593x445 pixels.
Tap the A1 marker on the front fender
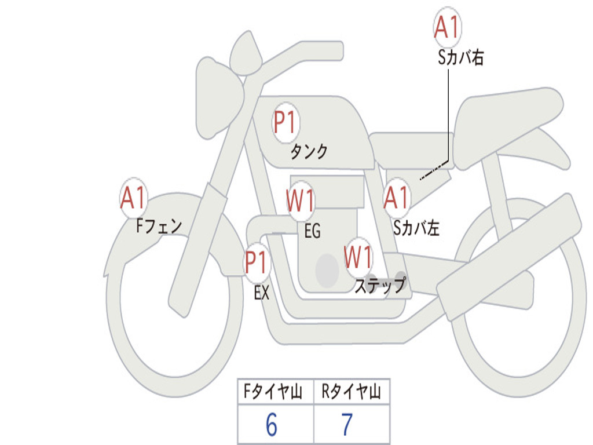click(x=134, y=198)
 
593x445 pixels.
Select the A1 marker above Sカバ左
click(x=397, y=198)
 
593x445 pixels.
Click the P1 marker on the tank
click(x=286, y=123)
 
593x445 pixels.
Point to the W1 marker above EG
click(x=301, y=200)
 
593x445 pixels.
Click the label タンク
click(x=309, y=151)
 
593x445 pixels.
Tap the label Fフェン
click(x=159, y=227)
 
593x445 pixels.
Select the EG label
click(x=313, y=231)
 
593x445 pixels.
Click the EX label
click(x=262, y=293)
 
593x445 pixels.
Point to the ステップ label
click(x=380, y=285)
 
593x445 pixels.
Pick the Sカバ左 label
click(x=416, y=228)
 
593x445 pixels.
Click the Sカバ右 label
click(x=461, y=57)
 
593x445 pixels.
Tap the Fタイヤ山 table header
click(x=273, y=391)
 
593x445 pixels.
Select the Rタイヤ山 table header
click(x=352, y=391)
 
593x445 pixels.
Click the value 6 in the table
click(x=272, y=425)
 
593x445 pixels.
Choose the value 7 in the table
click(x=347, y=425)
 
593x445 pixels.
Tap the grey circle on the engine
click(x=327, y=271)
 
